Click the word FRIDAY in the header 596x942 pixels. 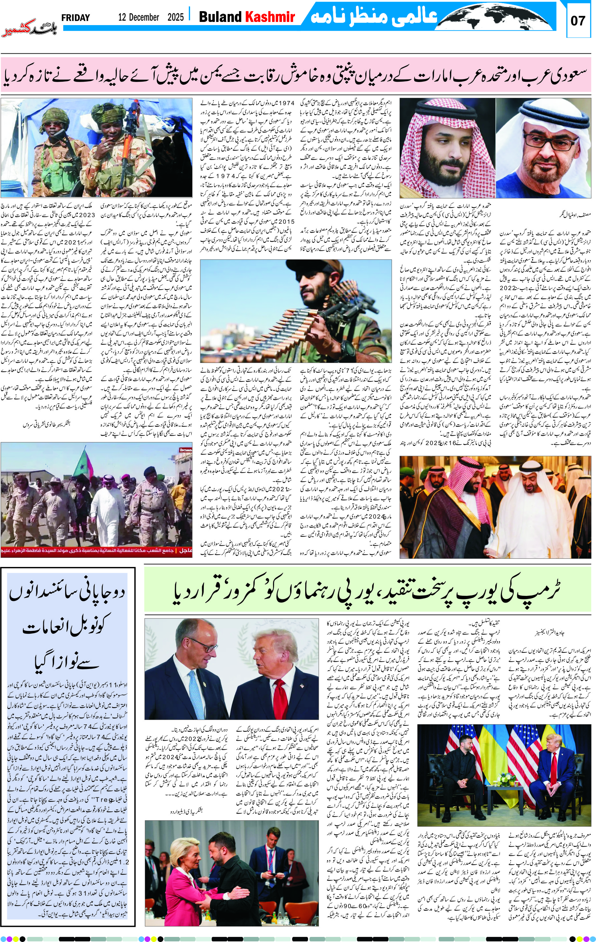76,17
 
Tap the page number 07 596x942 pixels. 578,20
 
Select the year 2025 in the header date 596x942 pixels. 175,17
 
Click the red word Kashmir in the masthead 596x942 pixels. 270,17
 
